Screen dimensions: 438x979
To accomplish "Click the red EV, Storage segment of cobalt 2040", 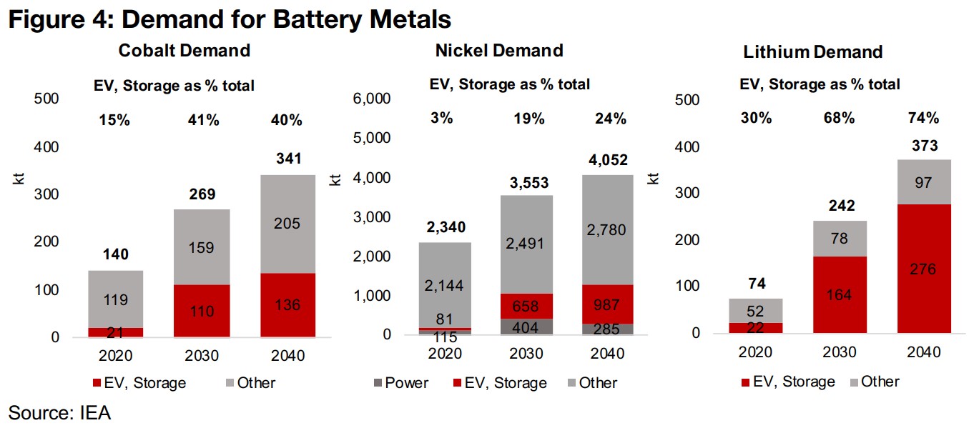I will (287, 304).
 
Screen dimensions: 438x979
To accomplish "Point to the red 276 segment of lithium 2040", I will (924, 269).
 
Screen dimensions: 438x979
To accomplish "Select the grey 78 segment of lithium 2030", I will (840, 239).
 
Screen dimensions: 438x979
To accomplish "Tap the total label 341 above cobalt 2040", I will (287, 158).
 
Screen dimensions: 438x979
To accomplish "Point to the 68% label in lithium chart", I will (840, 118).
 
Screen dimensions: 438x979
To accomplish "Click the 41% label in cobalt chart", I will (203, 120).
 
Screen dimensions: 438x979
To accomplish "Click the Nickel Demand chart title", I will (499, 50).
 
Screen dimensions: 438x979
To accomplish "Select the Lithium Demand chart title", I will (812, 51).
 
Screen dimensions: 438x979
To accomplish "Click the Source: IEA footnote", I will (59, 412).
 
